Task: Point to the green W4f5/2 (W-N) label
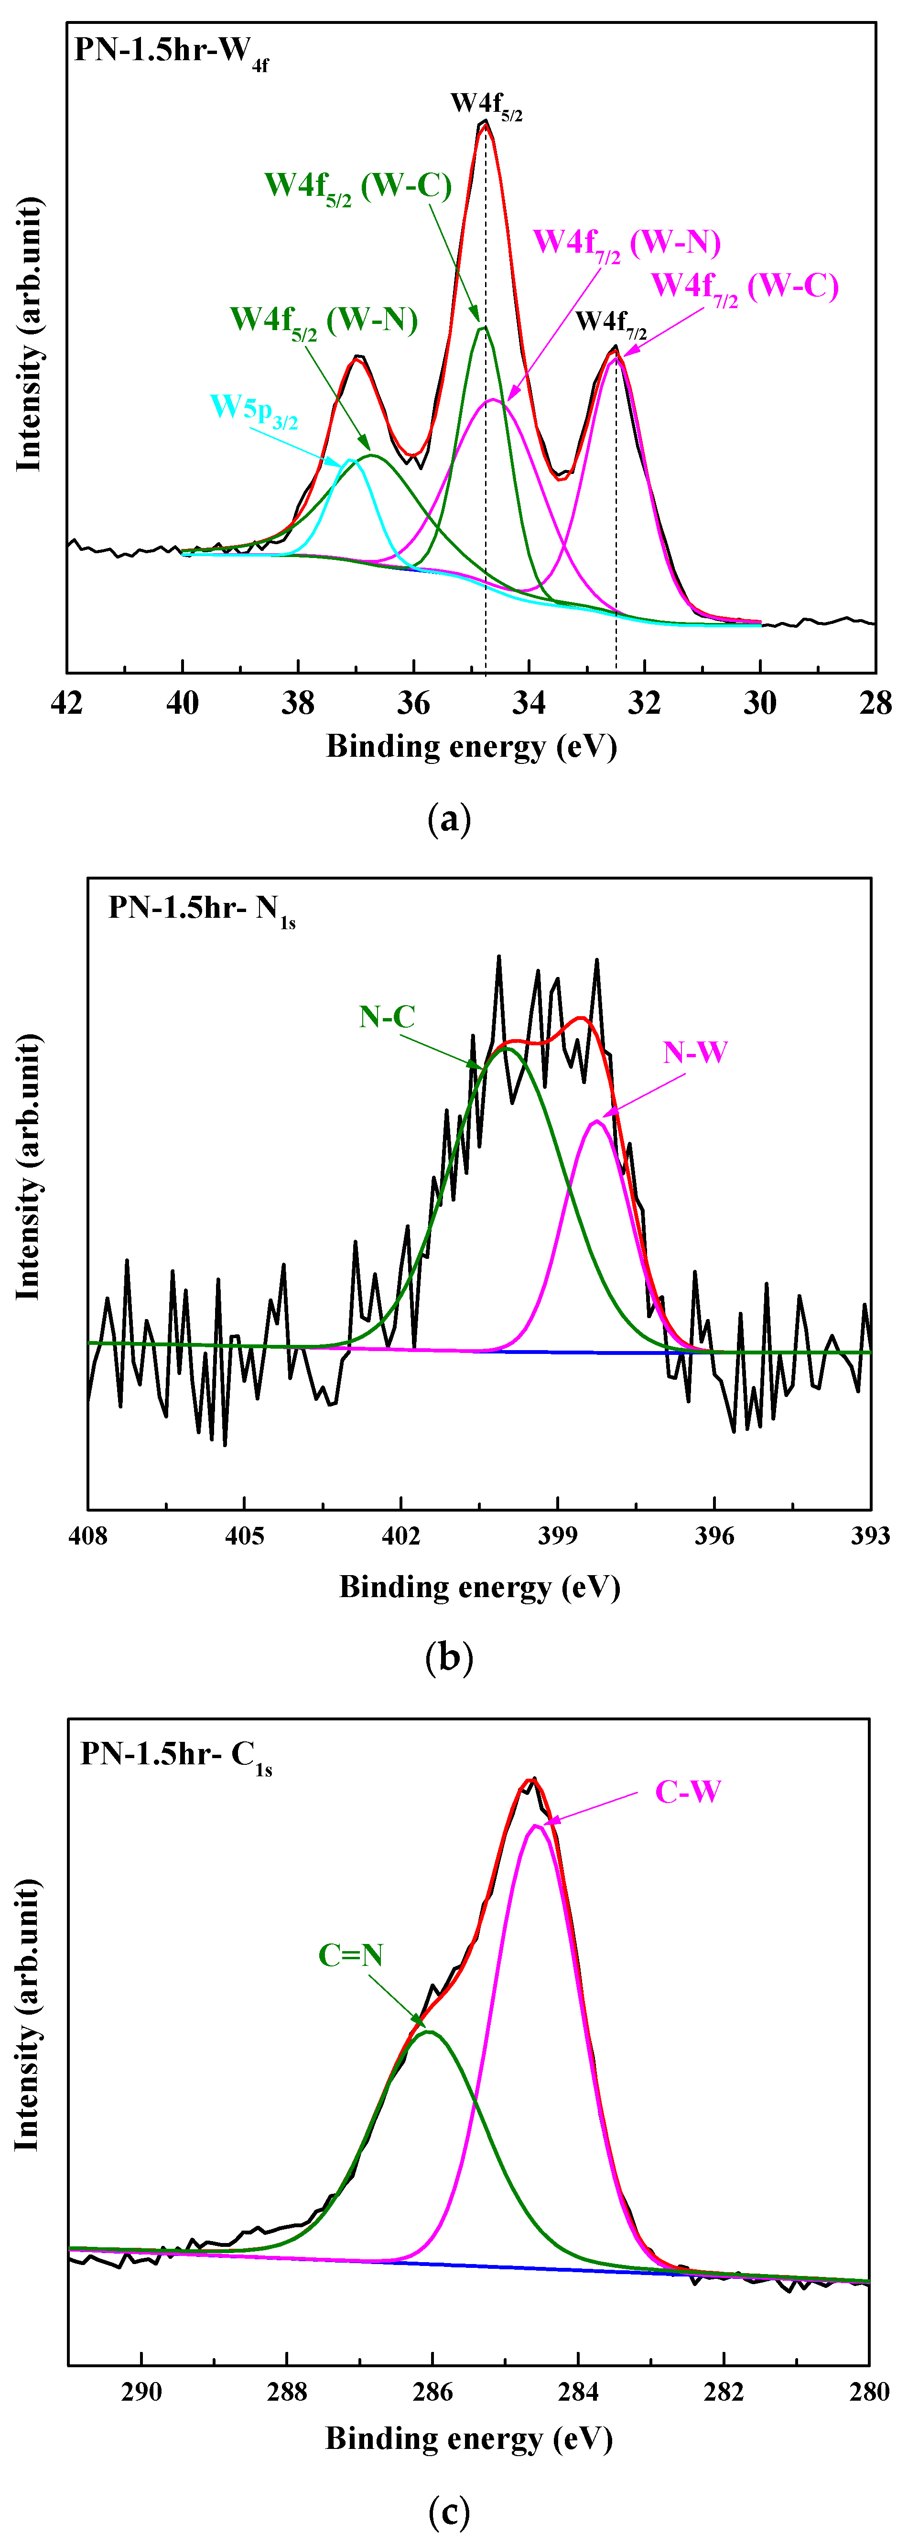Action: [x=323, y=321]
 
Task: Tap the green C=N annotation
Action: [x=351, y=1955]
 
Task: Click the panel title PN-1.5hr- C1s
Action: [x=176, y=1754]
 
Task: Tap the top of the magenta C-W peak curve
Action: [x=535, y=1825]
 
